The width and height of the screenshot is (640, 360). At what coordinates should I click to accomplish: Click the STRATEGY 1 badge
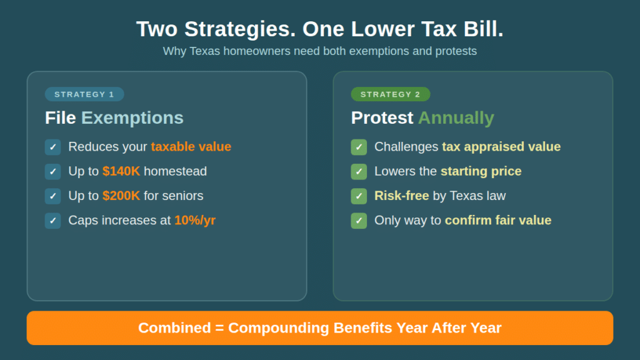click(84, 94)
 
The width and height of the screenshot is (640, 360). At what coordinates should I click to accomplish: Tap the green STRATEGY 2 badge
click(391, 94)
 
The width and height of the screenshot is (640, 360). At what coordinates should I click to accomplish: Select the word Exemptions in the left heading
click(132, 117)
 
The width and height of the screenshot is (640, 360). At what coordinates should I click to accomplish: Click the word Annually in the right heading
click(456, 117)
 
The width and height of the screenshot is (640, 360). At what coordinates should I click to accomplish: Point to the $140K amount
click(121, 171)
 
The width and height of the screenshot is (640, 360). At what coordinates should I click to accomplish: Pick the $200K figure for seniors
click(121, 196)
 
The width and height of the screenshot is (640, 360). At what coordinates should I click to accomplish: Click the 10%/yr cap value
click(195, 220)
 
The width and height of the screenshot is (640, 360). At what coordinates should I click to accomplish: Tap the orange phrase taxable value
click(191, 147)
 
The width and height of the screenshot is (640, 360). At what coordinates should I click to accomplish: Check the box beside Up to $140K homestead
click(53, 171)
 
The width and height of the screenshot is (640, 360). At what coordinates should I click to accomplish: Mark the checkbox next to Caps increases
click(53, 221)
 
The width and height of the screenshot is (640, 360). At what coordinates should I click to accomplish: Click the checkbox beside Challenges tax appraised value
click(359, 147)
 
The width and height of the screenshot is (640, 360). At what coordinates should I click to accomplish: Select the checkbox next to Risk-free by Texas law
click(359, 196)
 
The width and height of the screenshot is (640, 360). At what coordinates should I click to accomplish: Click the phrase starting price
click(481, 171)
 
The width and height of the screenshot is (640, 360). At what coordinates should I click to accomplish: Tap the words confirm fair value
click(497, 220)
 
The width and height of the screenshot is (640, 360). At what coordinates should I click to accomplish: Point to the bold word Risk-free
click(401, 196)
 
